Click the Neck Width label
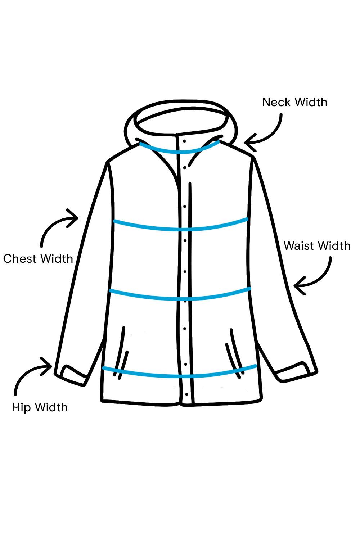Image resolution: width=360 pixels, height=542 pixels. [294, 102]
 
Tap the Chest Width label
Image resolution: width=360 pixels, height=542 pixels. [38, 259]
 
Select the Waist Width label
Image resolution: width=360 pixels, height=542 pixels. [317, 246]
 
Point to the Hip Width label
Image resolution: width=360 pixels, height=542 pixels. [40, 407]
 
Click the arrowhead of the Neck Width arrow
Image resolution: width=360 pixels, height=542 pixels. [248, 143]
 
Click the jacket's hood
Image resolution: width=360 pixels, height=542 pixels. [180, 115]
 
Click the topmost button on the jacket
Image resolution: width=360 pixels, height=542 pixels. [184, 141]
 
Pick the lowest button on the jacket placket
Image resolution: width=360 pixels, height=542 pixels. [186, 394]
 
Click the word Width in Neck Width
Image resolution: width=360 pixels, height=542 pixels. [309, 102]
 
